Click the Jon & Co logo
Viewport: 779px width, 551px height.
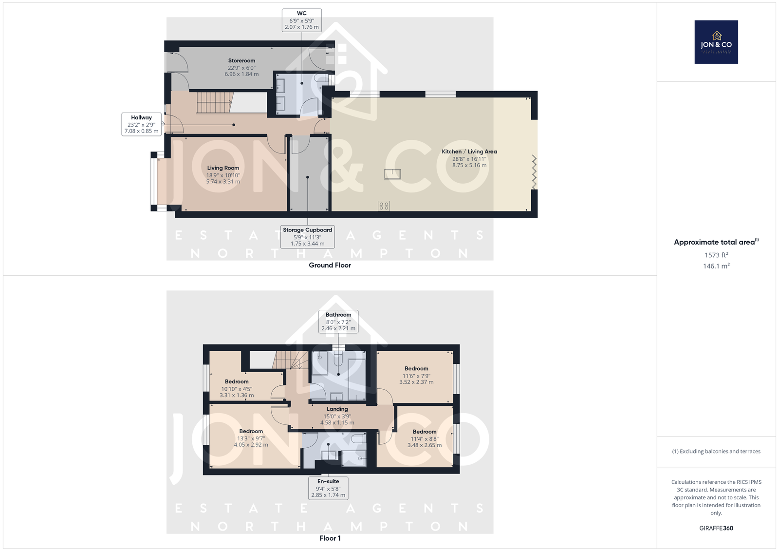click(x=716, y=42)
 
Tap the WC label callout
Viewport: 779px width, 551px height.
click(x=301, y=20)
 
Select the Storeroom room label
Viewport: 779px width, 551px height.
click(x=241, y=67)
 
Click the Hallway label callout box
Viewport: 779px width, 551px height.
click(x=142, y=124)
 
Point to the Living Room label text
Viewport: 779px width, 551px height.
click(x=223, y=175)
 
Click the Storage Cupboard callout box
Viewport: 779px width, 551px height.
click(x=307, y=237)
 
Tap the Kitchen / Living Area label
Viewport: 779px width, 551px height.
click(x=469, y=158)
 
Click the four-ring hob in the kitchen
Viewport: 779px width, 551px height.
click(x=384, y=206)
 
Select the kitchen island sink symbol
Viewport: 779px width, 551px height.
click(x=392, y=174)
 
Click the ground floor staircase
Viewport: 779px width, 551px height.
click(x=214, y=102)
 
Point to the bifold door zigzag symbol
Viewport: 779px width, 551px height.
click(x=534, y=172)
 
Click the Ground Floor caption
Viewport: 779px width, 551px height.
click(x=330, y=265)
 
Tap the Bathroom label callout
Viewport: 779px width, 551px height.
click(x=338, y=322)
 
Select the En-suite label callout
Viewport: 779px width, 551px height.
click(x=328, y=488)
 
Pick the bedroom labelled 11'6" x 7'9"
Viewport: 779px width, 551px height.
click(x=416, y=375)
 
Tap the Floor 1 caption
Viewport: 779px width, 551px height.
click(x=330, y=538)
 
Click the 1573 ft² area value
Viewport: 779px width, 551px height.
click(x=716, y=255)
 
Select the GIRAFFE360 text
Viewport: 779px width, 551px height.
click(x=716, y=528)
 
